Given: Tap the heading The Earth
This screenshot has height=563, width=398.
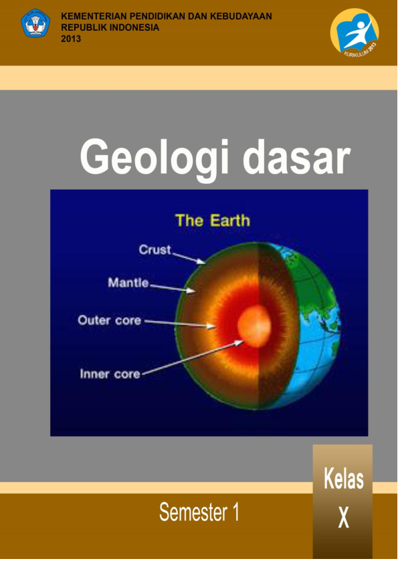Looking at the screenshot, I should (212, 220).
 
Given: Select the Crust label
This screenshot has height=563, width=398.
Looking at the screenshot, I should (155, 249).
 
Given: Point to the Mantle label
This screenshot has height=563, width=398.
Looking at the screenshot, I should (128, 283).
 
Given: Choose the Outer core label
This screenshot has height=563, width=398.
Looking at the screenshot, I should (110, 320).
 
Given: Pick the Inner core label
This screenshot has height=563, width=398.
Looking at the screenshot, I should (110, 374).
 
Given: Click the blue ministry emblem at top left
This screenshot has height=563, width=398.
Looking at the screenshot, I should (35, 23).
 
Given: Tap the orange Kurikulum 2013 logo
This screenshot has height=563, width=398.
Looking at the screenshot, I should (354, 33).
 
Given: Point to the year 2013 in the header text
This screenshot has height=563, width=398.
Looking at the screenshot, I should (70, 39).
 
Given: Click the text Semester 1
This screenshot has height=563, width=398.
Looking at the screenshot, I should (199, 513).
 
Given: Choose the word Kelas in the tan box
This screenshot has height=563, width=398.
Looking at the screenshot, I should (343, 479).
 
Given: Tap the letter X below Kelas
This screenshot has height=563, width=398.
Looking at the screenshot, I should (343, 518).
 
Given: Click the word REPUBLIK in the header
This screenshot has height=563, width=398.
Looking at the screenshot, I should (84, 27).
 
